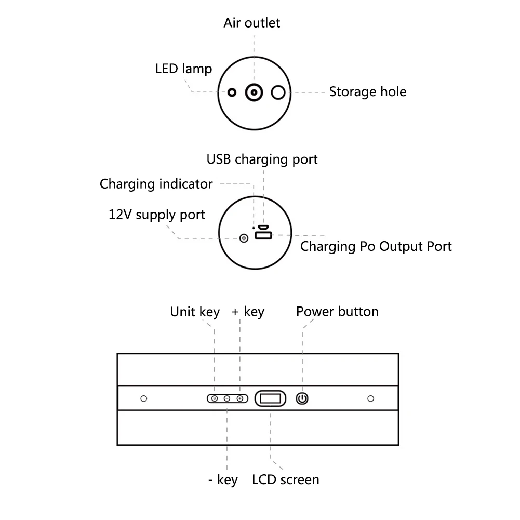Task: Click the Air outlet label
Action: [252, 23]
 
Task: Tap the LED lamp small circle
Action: [232, 92]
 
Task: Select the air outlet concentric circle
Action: [254, 92]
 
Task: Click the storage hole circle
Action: [278, 92]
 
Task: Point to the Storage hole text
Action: [367, 91]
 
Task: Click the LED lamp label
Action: [183, 69]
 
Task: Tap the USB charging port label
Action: [262, 159]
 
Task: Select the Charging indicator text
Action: [156, 184]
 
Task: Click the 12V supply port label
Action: [156, 215]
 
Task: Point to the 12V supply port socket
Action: [244, 238]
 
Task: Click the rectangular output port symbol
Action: [263, 235]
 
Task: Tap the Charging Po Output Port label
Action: [376, 246]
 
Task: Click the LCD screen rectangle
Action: [270, 398]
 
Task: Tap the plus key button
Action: [240, 398]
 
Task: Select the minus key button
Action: [227, 398]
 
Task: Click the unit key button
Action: [215, 398]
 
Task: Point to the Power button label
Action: [337, 311]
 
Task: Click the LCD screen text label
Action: [286, 479]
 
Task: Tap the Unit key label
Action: [195, 312]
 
